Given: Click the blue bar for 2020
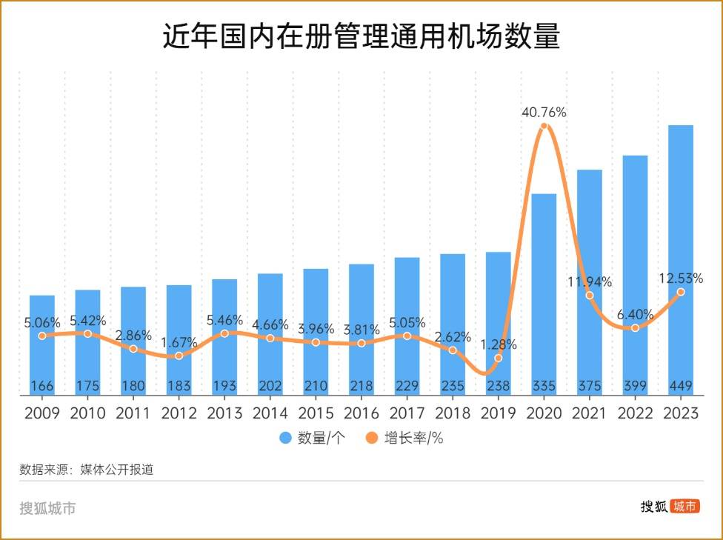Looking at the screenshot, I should [x=544, y=296].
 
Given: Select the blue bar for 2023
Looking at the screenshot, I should [x=681, y=259].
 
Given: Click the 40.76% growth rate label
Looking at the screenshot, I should [x=544, y=113].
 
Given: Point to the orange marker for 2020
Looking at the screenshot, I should [x=544, y=127].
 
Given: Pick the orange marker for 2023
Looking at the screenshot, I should [x=681, y=293].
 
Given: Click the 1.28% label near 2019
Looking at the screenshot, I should [x=498, y=344].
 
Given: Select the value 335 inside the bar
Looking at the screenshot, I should [x=544, y=386].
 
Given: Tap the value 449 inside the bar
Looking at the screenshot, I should [x=681, y=386].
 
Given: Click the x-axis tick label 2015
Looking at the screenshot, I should [x=316, y=413].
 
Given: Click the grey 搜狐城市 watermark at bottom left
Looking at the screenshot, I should [x=47, y=508].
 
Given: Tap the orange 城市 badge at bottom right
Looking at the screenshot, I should [x=685, y=507].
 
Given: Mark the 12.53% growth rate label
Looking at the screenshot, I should [x=681, y=279].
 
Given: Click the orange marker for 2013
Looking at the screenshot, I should [x=224, y=333].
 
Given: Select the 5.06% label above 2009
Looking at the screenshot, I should [x=44, y=322].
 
